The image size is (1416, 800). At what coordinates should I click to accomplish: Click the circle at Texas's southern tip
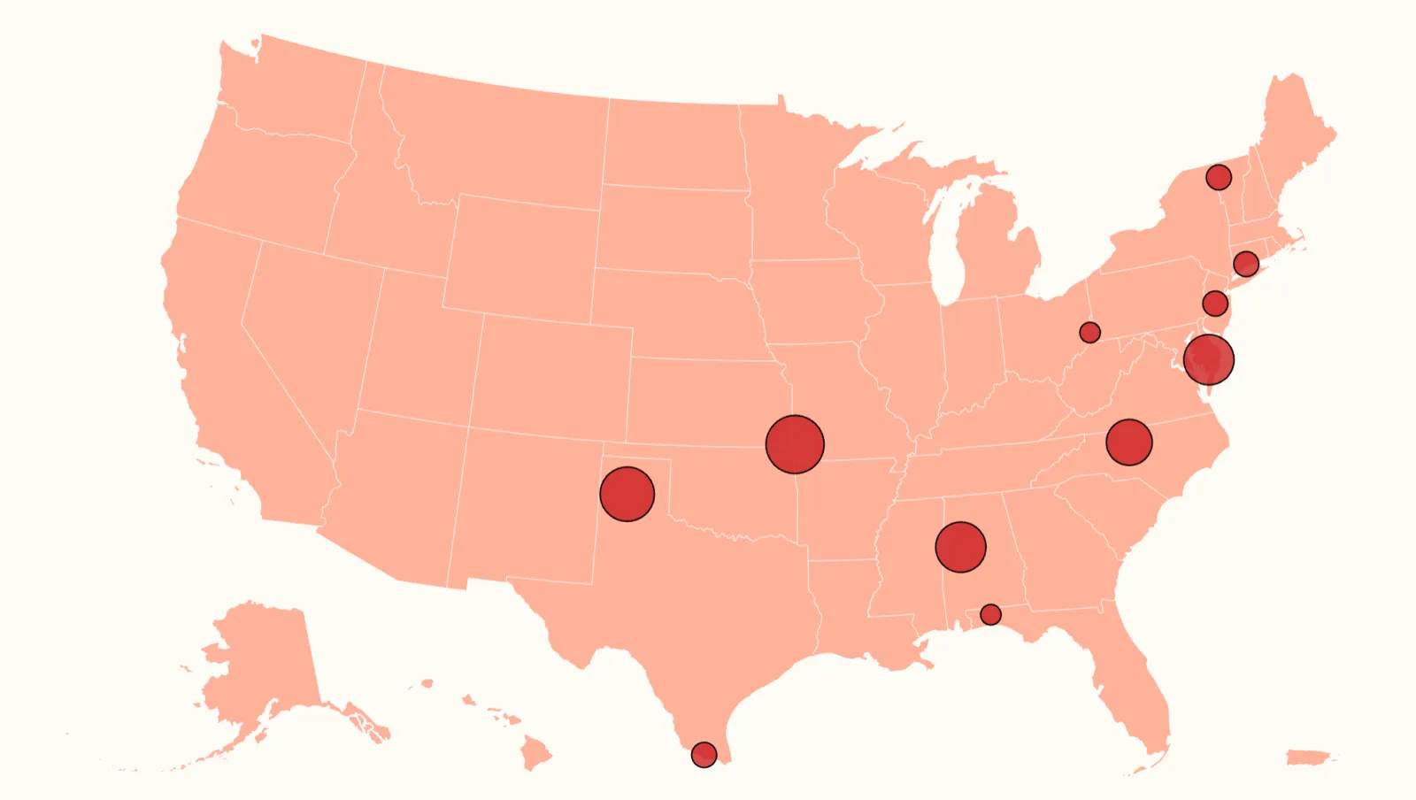click(x=704, y=755)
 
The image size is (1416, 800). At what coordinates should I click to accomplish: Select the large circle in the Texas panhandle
click(x=627, y=494)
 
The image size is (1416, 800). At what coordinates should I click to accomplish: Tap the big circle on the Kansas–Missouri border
click(x=795, y=444)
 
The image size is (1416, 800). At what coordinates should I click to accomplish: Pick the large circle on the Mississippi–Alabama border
click(x=960, y=547)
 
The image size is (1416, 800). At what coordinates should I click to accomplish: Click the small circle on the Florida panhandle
click(x=990, y=614)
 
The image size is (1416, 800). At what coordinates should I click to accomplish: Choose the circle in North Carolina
click(x=1129, y=442)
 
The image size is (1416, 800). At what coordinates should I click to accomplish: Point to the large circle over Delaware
click(x=1209, y=359)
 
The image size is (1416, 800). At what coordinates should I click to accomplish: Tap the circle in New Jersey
click(x=1215, y=304)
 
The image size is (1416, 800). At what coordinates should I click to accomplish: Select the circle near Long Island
click(x=1246, y=264)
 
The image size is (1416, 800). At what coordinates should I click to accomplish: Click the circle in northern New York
click(x=1219, y=177)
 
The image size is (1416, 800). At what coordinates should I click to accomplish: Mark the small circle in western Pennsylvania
click(x=1089, y=332)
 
